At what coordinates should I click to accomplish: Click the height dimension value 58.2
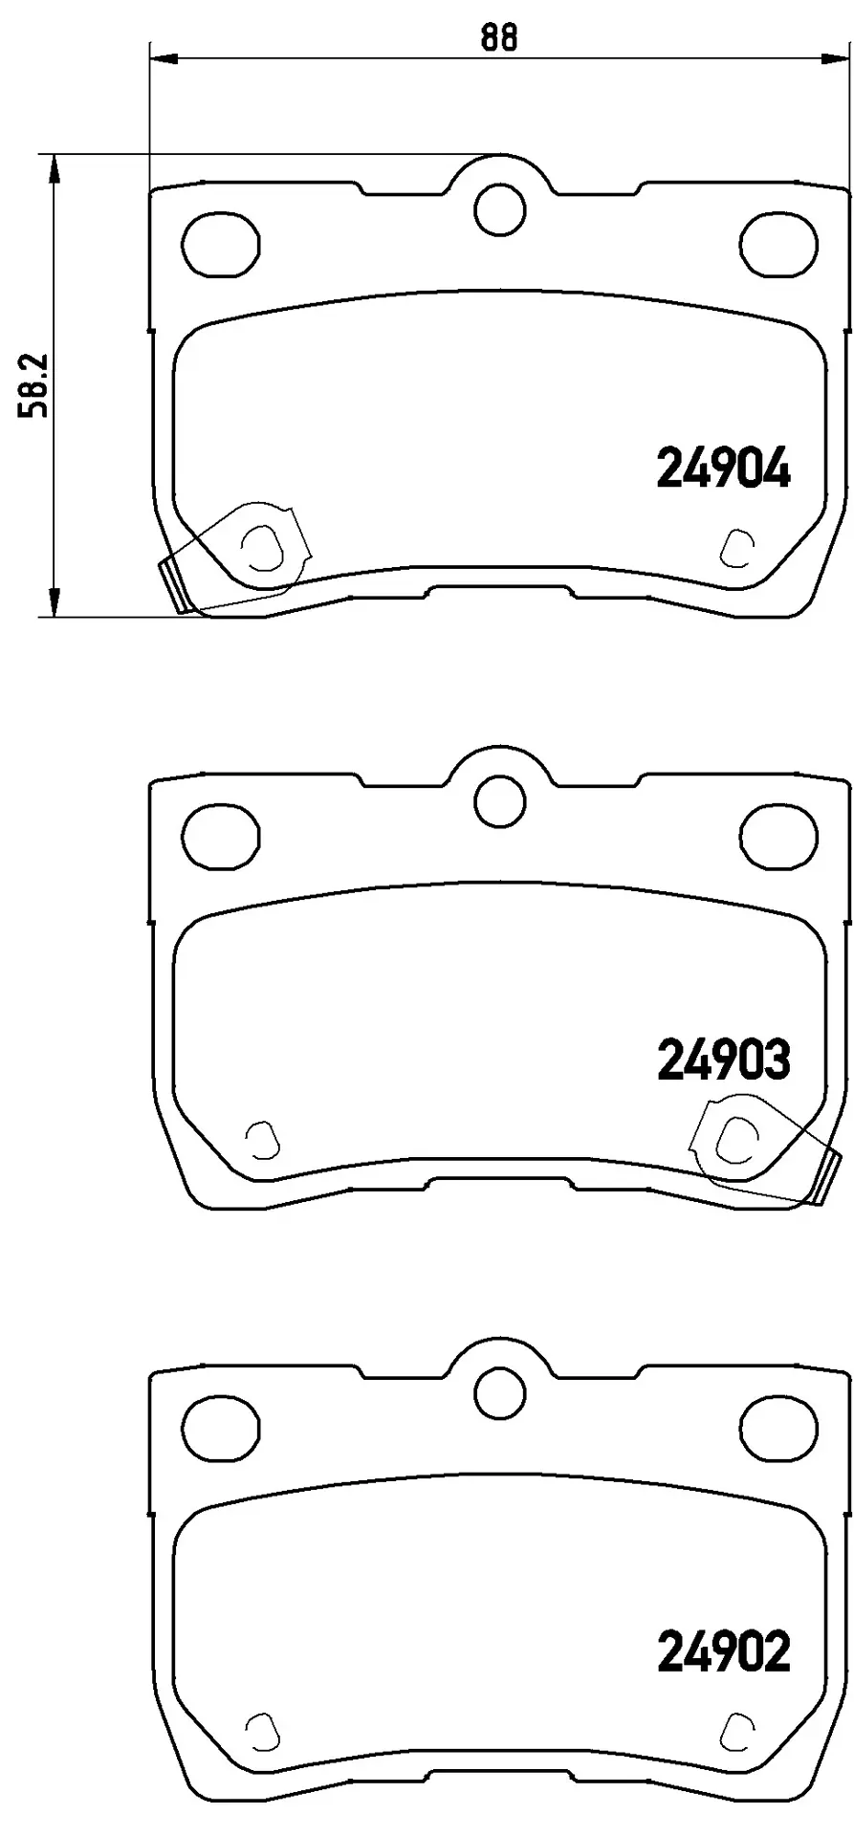point(35,386)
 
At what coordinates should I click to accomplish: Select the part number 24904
point(724,470)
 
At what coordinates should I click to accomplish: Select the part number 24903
point(724,1060)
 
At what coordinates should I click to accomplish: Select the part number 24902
point(724,1652)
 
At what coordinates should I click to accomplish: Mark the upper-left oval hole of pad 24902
point(222,1426)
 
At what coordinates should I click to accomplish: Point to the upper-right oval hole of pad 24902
point(779,1426)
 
